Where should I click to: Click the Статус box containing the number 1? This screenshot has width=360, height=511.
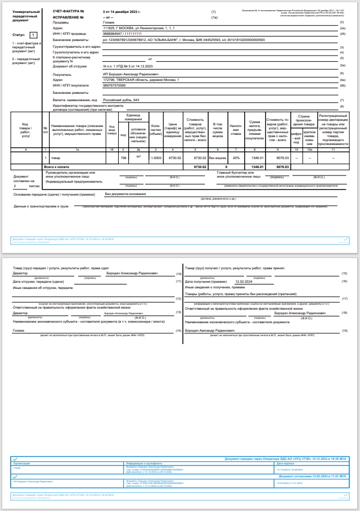click(33, 35)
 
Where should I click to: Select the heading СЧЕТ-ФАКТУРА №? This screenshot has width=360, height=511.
click(68, 12)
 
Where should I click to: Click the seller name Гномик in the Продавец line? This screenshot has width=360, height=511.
click(110, 22)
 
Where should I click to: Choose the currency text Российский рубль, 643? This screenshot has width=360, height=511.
click(120, 100)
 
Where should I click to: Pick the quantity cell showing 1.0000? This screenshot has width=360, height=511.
click(156, 159)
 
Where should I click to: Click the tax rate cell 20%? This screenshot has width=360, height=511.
click(236, 159)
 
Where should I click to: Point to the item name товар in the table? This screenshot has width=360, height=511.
click(56, 159)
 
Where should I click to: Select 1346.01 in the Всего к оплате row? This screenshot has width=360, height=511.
click(257, 167)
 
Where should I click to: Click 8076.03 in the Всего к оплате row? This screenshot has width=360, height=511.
click(282, 167)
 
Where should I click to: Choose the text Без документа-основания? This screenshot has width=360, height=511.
click(125, 195)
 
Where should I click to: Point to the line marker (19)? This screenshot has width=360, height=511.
click(344, 331)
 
